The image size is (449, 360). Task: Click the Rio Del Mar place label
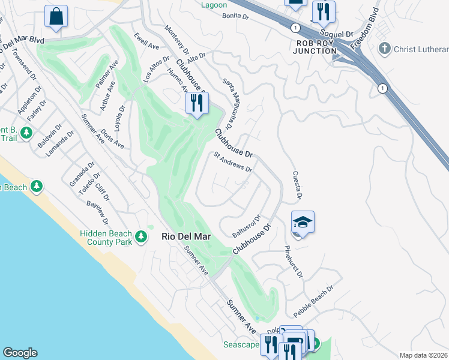pos(186,236)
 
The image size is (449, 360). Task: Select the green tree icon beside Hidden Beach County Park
pos(141,236)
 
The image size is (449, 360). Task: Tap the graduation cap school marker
pos(303,223)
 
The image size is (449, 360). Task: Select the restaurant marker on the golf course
pos(196,103)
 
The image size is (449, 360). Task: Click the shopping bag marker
pos(56,17)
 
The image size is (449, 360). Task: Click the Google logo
pos(20,353)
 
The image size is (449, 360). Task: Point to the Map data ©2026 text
pos(423,355)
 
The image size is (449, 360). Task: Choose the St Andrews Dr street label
pos(233,162)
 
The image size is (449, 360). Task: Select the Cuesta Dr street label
pos(296,185)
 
